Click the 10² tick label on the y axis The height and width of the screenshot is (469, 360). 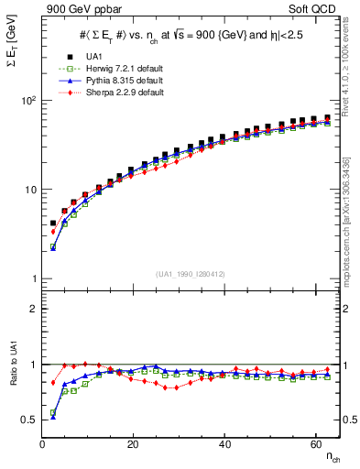[x=28, y=101]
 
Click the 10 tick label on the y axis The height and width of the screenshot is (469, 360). [x=30, y=190]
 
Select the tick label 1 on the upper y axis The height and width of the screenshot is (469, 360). [x=34, y=278]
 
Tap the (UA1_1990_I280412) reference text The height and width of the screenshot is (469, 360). [x=190, y=274]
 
